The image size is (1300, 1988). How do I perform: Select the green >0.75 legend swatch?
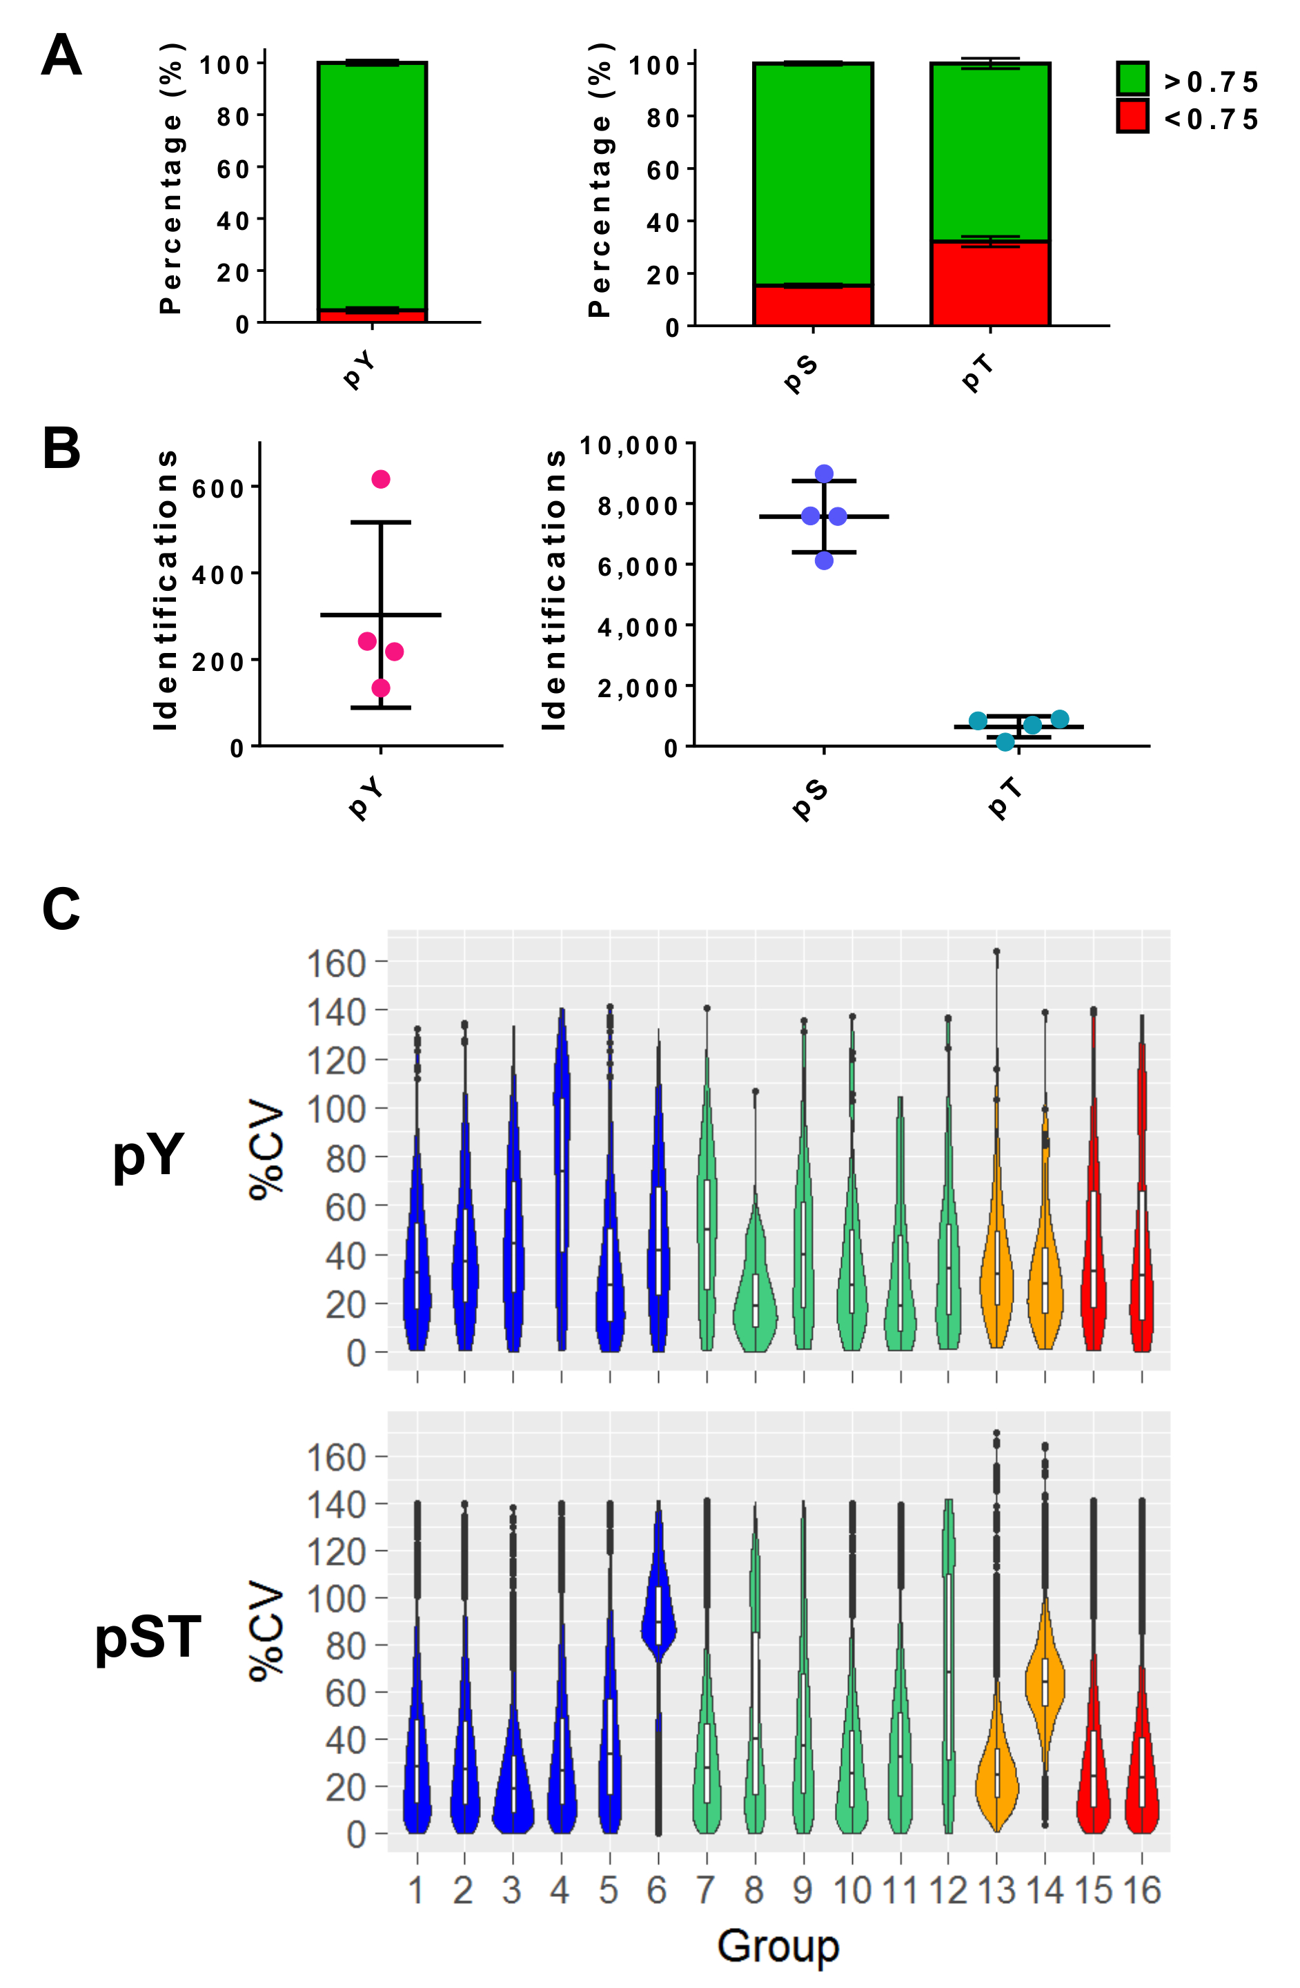click(x=1132, y=79)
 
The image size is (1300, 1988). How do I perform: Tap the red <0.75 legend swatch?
click(x=1132, y=116)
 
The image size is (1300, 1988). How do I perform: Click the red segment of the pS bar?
click(x=812, y=305)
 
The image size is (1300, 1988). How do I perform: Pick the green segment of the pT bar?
click(x=989, y=150)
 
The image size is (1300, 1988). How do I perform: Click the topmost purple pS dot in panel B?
click(x=824, y=474)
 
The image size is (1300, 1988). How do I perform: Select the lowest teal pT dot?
click(x=1005, y=742)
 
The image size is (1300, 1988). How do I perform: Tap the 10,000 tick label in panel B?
click(x=629, y=445)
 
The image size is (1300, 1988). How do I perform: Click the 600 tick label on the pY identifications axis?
click(x=218, y=488)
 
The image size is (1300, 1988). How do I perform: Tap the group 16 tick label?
click(x=1141, y=1890)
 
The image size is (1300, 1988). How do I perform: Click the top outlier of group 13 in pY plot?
click(x=996, y=951)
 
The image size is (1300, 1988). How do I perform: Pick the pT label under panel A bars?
click(x=978, y=373)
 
